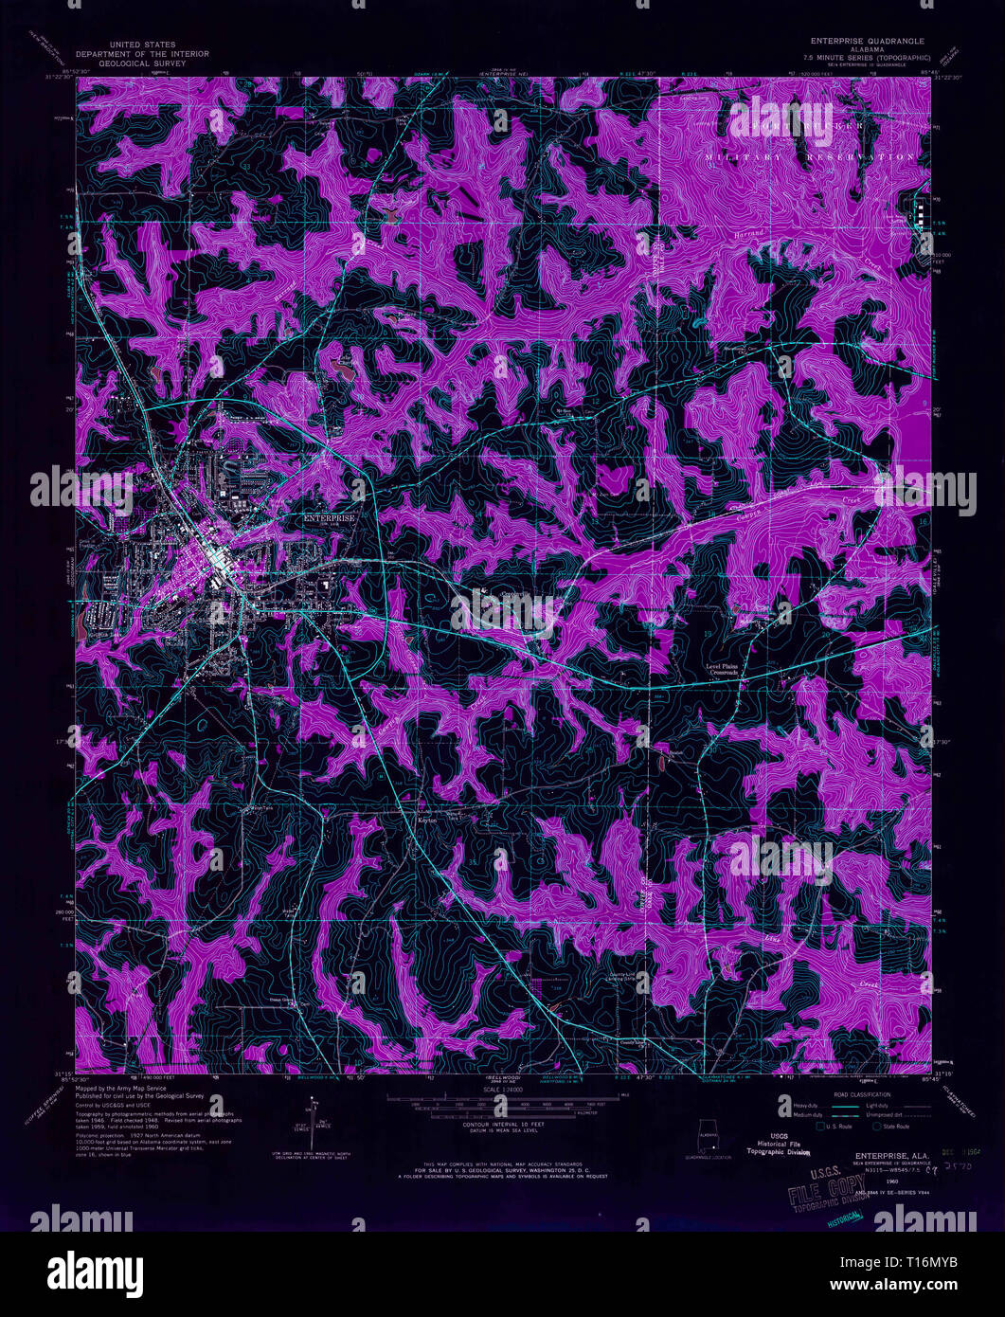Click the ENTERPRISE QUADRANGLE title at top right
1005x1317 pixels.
[x=866, y=42]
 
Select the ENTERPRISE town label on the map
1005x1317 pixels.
[x=329, y=519]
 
